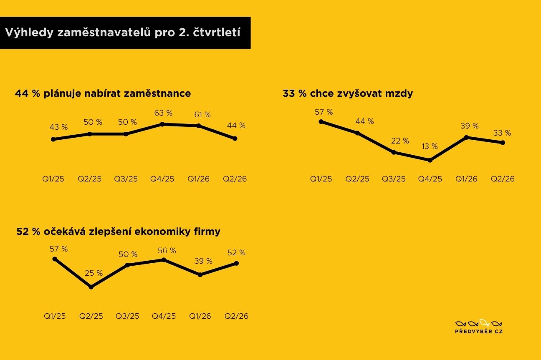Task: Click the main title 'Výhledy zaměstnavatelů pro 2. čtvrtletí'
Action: click(x=123, y=33)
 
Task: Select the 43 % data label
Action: click(x=58, y=127)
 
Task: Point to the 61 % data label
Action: click(x=202, y=115)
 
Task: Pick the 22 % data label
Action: click(x=400, y=141)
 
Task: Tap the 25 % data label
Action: click(x=94, y=273)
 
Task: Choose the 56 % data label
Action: click(x=167, y=251)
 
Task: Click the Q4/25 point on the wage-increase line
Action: click(x=430, y=160)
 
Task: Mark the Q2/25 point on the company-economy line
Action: click(x=91, y=287)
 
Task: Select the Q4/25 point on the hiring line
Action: click(x=162, y=124)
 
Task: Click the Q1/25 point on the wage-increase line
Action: click(x=321, y=121)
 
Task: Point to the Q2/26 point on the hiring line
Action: click(x=235, y=138)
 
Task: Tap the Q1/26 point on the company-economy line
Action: click(x=200, y=275)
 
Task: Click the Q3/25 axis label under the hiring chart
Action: click(x=126, y=179)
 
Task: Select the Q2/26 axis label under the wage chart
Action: click(x=503, y=179)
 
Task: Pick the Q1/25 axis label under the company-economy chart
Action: click(x=55, y=316)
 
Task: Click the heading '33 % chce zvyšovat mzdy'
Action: click(x=348, y=93)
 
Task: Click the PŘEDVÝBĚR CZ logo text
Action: click(x=479, y=331)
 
